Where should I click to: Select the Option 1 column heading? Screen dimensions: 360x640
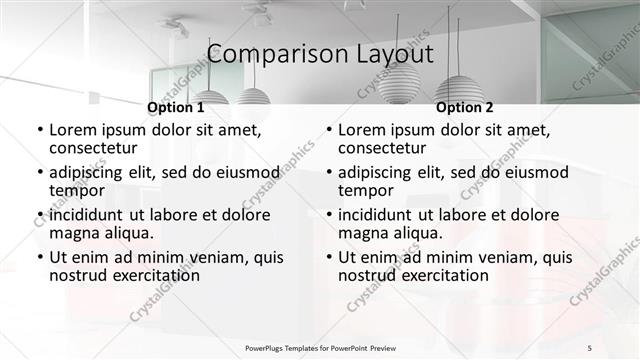click(x=175, y=107)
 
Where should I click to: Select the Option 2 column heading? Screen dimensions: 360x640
click(x=465, y=107)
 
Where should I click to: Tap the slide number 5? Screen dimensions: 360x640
click(x=590, y=347)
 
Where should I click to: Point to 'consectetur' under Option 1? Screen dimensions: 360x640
click(x=91, y=148)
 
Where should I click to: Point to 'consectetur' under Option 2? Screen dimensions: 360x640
click(x=380, y=148)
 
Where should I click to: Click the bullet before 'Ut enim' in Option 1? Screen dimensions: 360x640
click(x=38, y=257)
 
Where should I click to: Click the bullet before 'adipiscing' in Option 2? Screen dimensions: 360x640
click(x=327, y=172)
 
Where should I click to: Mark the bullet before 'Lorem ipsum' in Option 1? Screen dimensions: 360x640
click(x=38, y=130)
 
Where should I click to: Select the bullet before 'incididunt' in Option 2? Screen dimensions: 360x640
click(x=327, y=215)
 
